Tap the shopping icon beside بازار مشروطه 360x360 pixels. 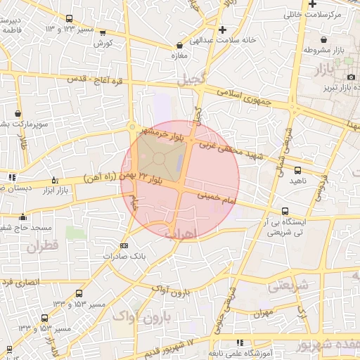(x=323, y=39)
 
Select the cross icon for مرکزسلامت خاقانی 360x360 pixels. (x=312, y=4)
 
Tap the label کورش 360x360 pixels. (x=103, y=43)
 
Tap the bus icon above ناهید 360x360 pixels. (x=297, y=170)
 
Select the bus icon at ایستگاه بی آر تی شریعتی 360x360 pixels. (x=285, y=211)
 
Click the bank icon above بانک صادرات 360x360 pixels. (x=124, y=245)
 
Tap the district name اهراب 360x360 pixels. (x=181, y=232)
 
